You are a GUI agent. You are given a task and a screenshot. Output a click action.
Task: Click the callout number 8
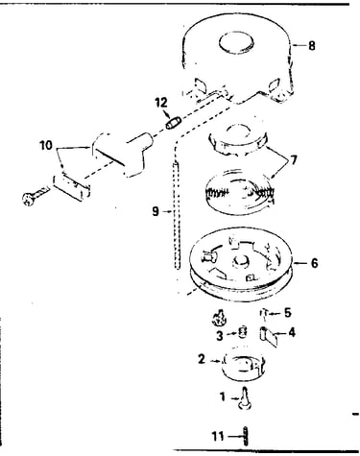311,46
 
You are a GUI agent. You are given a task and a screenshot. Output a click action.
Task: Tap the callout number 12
161,103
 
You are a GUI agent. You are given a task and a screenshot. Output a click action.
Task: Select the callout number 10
46,146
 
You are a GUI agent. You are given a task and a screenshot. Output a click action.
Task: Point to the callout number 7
294,159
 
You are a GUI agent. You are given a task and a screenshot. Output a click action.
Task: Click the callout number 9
156,211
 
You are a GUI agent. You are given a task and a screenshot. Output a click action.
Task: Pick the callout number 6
314,263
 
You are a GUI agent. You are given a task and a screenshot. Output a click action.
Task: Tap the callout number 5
288,313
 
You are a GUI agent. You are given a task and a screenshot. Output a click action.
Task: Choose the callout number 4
292,333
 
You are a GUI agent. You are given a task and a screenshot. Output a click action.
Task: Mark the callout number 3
220,336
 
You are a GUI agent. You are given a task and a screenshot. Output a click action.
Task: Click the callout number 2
202,359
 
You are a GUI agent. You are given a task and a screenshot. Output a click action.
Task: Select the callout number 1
223,397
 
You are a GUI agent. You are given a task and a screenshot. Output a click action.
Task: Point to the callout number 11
218,436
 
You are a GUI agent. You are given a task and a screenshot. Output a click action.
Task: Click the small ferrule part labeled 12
174,123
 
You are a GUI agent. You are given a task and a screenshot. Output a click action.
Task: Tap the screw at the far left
36,196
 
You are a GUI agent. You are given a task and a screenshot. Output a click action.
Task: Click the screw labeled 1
246,398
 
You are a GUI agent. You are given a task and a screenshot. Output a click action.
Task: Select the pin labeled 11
246,436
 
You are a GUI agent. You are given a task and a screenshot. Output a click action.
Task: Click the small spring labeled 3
244,332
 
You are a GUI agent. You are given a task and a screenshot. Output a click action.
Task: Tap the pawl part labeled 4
268,337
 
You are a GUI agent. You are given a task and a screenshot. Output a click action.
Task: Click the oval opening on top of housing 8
236,42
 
